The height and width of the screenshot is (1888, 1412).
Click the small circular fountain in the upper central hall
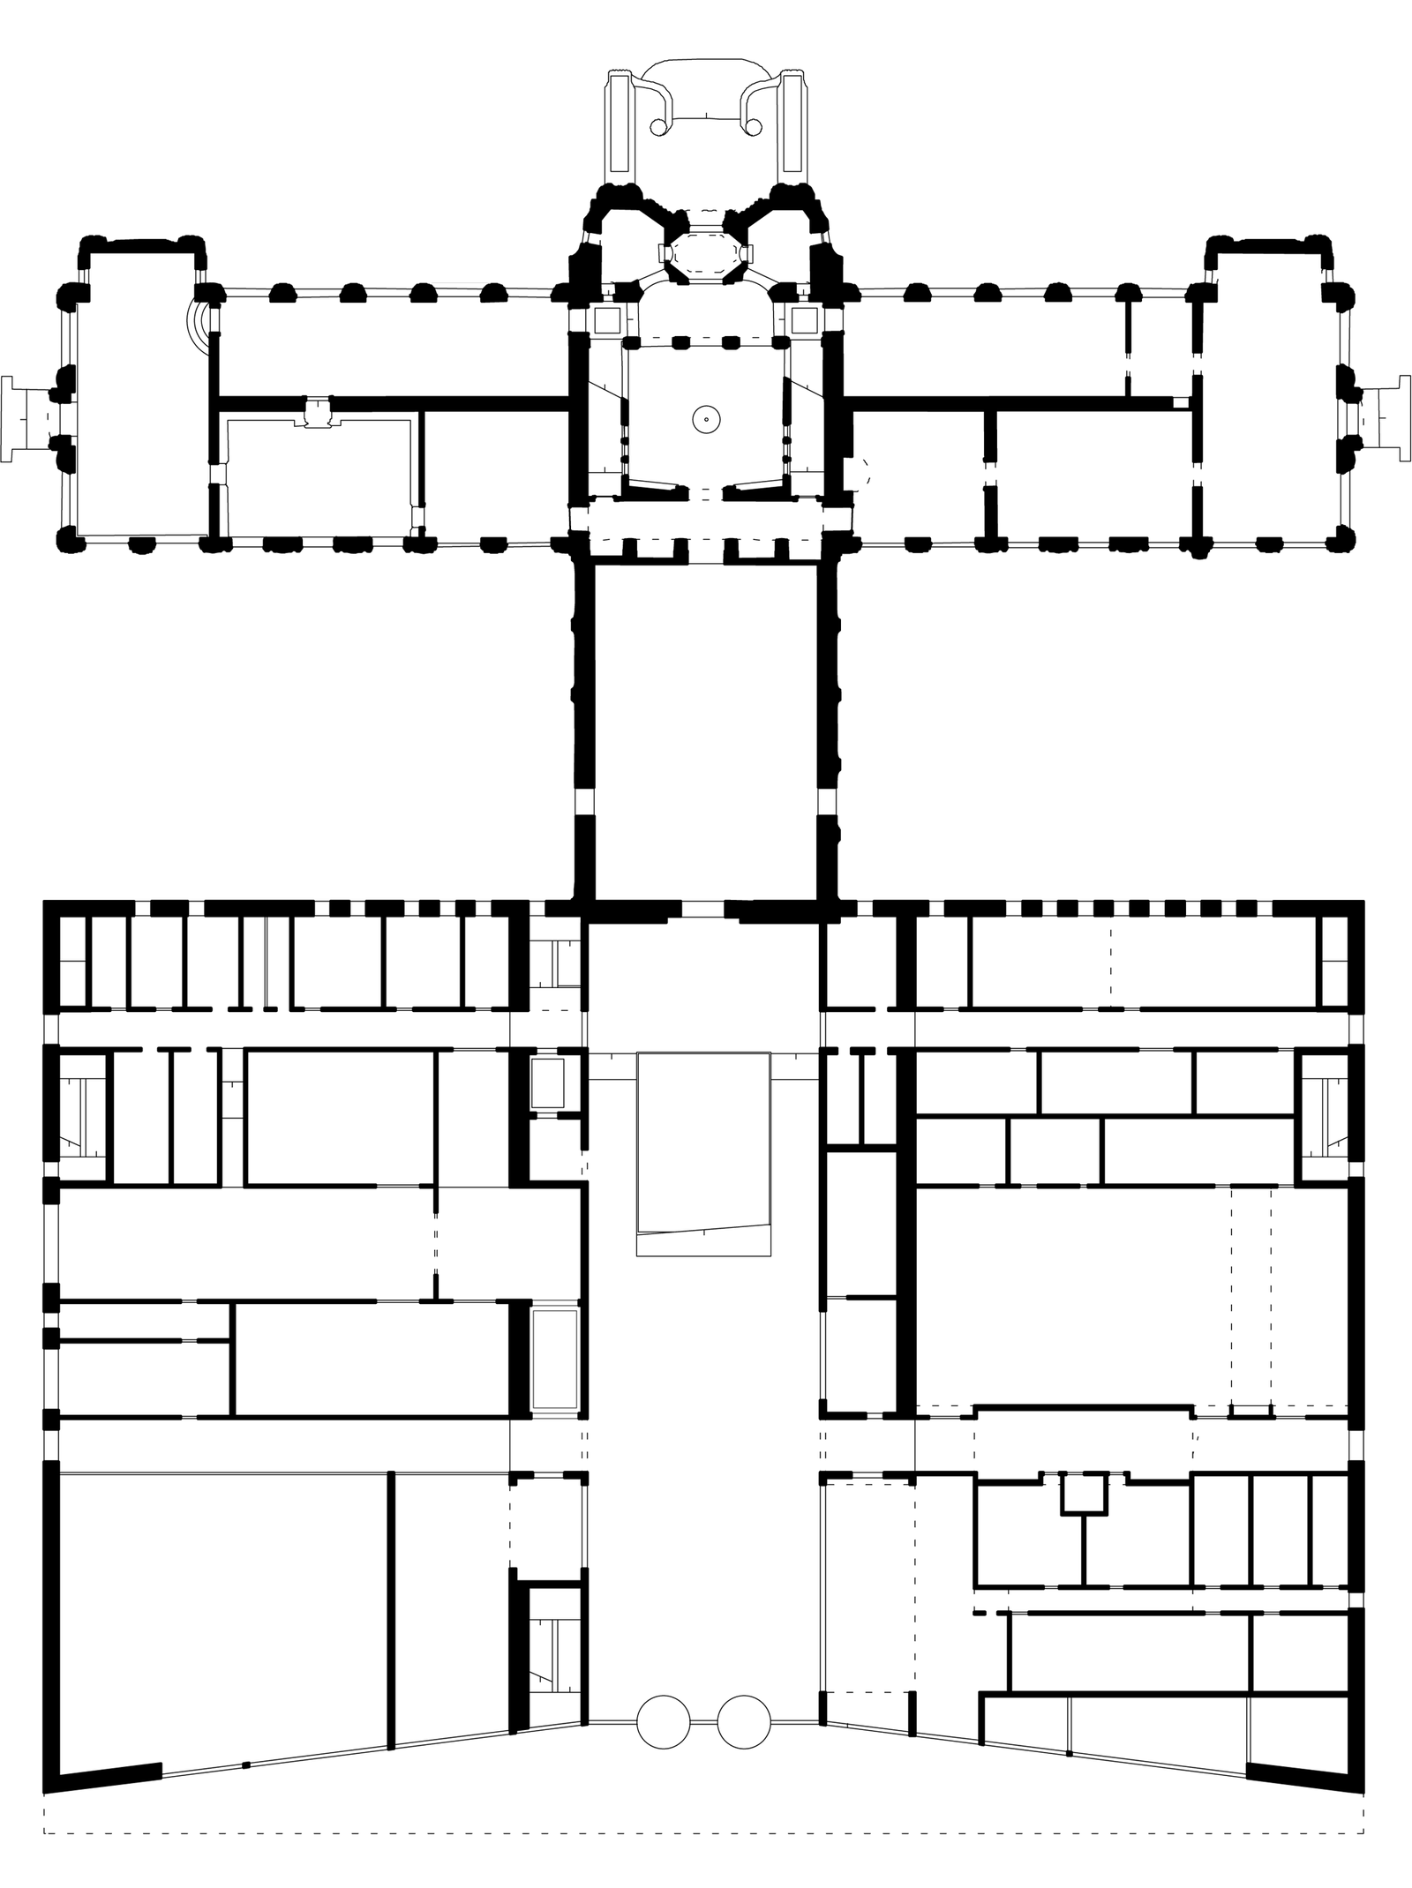tap(706, 419)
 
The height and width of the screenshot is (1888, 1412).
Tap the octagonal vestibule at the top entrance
tap(704, 254)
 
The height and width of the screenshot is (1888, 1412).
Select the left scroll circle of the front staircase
tap(657, 129)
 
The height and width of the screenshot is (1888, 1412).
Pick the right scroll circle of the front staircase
tap(755, 129)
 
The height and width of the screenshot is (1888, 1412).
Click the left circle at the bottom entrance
tap(663, 1721)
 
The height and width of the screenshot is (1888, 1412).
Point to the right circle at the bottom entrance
tap(744, 1721)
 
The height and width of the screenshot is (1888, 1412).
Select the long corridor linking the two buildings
tap(706, 732)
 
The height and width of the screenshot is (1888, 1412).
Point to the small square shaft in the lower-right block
tap(1083, 1494)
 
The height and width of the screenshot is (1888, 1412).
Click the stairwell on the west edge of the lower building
tap(81, 1117)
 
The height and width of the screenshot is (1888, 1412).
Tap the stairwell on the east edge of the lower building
tap(1326, 1117)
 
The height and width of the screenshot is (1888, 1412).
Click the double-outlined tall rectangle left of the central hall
tap(555, 1371)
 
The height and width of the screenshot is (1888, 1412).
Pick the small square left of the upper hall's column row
tap(606, 319)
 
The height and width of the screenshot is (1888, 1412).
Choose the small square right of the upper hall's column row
tap(804, 319)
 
